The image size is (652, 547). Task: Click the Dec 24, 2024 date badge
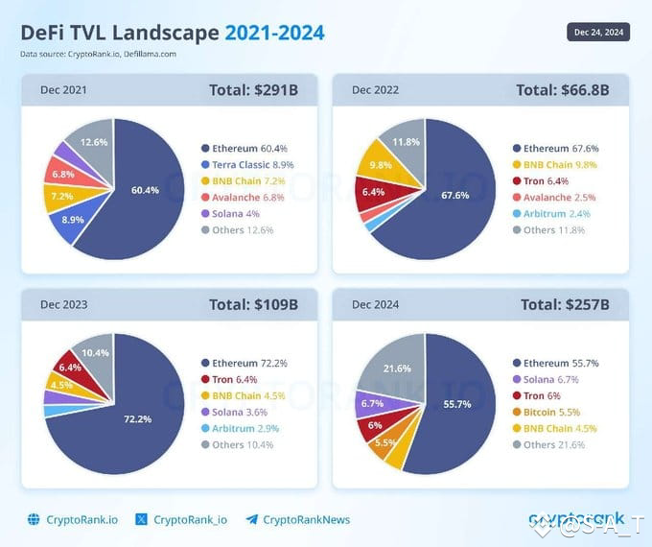(597, 32)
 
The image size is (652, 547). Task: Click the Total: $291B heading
(253, 90)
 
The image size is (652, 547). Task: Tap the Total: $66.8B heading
(562, 90)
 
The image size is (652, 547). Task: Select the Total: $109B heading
(253, 305)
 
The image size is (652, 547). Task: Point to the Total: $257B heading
(565, 305)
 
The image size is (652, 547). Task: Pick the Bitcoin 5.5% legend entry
(549, 413)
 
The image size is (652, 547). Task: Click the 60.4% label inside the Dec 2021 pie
(145, 190)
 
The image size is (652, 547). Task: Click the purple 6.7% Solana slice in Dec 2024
(373, 404)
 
